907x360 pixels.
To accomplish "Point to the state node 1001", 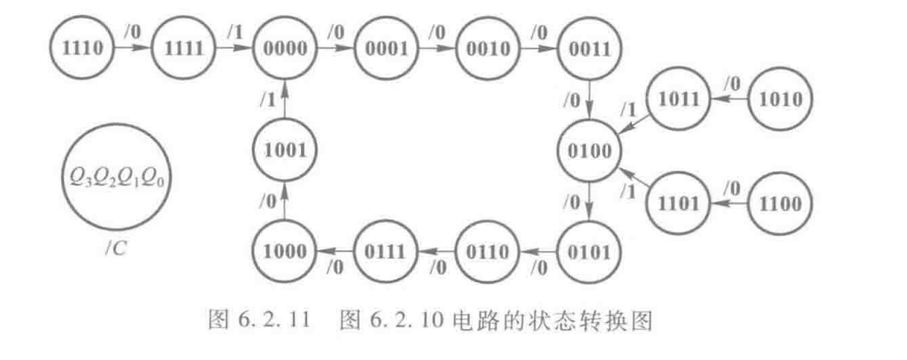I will tap(283, 149).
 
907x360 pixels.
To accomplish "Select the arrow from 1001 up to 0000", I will tap(283, 99).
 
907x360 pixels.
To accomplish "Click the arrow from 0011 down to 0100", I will tap(588, 99).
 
